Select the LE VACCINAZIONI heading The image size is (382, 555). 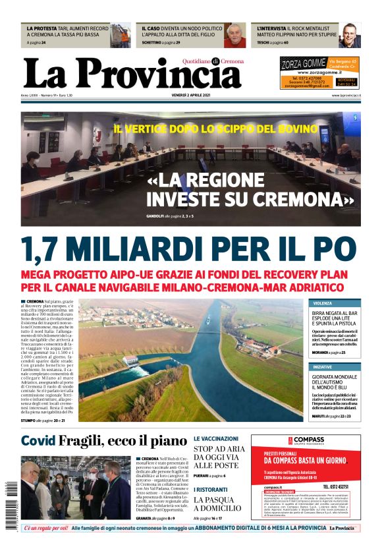click(x=216, y=438)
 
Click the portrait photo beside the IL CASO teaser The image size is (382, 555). click(x=234, y=36)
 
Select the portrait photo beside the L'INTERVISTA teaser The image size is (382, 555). click(x=349, y=36)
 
